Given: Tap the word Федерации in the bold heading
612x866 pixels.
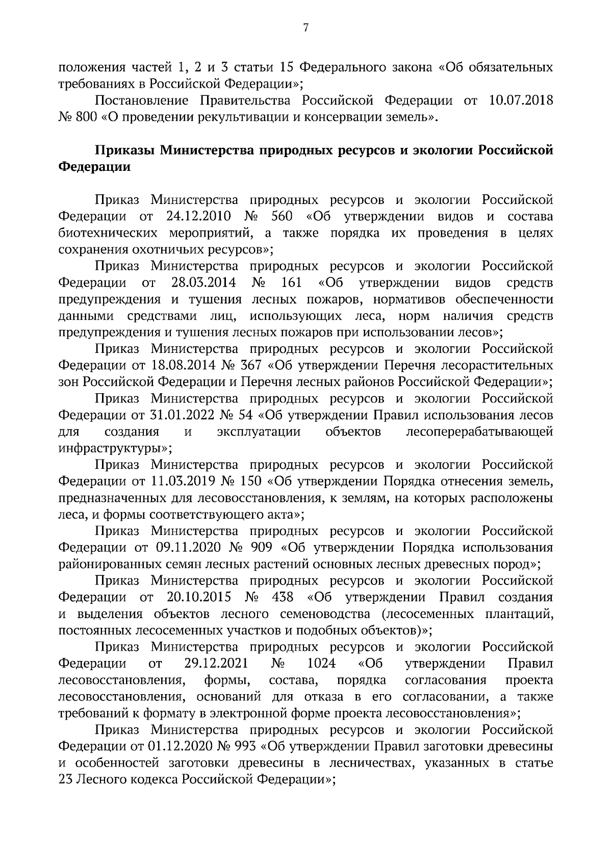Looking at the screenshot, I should [95, 167].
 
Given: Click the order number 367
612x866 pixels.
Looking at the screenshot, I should [249, 366].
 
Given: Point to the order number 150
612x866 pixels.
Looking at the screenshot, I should [249, 481].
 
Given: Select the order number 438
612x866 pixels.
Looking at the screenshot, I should [283, 597].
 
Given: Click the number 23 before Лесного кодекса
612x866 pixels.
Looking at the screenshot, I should [65, 780].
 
